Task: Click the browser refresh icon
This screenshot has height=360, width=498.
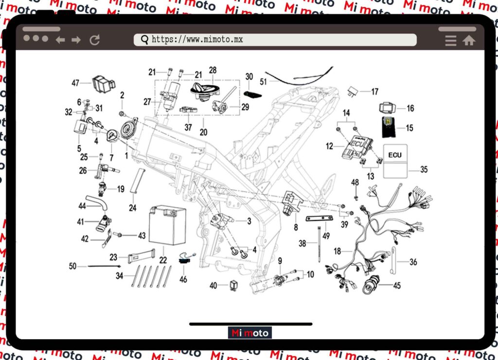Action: point(94,40)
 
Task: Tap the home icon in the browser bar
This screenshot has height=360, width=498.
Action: point(469,40)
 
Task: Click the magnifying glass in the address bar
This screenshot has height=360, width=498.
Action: point(144,40)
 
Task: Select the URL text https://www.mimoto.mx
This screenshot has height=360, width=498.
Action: point(197,40)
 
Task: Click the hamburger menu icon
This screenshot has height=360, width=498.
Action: point(451,40)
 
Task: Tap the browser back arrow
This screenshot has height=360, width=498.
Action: point(60,40)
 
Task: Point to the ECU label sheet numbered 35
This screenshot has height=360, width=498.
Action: point(395,161)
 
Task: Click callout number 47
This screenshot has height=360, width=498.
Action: point(75,83)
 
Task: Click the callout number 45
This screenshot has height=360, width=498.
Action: point(397,286)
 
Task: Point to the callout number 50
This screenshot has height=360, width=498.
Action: point(73,266)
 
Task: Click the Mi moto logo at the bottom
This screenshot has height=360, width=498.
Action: point(250,333)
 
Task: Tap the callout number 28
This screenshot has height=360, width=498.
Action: point(213,70)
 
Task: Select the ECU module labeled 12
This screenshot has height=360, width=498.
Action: point(357,145)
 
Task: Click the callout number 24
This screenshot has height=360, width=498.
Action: point(133,208)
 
